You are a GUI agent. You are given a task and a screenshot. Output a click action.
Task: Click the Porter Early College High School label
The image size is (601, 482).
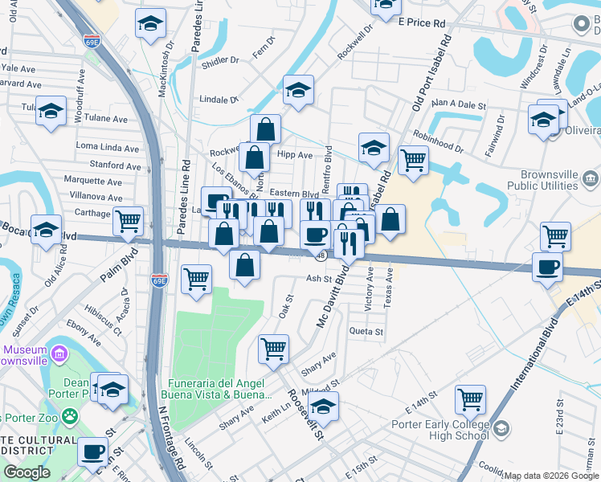[x=440, y=430]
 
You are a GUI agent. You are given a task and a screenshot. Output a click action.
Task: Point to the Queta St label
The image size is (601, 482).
[x=366, y=331]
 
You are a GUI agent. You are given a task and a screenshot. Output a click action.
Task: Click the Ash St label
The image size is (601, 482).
[x=318, y=279]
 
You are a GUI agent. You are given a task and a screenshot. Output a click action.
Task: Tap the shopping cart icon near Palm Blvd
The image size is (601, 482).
[x=129, y=220]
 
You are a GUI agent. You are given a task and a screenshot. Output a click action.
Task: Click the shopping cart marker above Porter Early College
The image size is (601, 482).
[x=470, y=398]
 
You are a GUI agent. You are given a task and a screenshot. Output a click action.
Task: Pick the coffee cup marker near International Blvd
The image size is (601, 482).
[x=547, y=268]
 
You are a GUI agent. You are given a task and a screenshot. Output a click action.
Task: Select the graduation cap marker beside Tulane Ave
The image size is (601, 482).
[x=51, y=112]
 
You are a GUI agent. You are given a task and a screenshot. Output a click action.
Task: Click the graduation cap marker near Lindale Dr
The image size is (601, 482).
[x=298, y=89]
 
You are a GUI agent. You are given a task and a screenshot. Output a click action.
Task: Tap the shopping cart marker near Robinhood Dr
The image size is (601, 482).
[x=413, y=159]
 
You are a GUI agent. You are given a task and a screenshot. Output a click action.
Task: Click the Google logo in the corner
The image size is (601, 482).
[x=27, y=472]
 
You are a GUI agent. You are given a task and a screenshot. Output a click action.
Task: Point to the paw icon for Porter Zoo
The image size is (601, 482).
[x=71, y=417]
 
